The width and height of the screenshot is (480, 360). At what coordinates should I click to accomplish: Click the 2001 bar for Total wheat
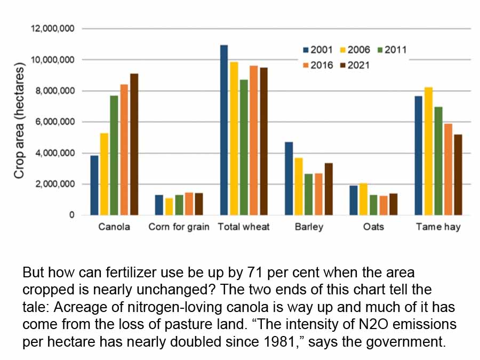[x=224, y=130]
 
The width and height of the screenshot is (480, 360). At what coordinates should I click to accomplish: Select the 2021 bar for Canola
[x=134, y=145]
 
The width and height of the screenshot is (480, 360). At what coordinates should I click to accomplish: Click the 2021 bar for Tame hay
[x=458, y=175]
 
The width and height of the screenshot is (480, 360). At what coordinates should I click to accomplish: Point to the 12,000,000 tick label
[x=52, y=29]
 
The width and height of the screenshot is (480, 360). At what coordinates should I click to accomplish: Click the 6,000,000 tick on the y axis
[x=54, y=122]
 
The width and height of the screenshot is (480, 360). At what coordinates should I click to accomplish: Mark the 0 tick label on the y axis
[x=71, y=215]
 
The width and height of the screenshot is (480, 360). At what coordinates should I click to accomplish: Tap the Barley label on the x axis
[x=309, y=227]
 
